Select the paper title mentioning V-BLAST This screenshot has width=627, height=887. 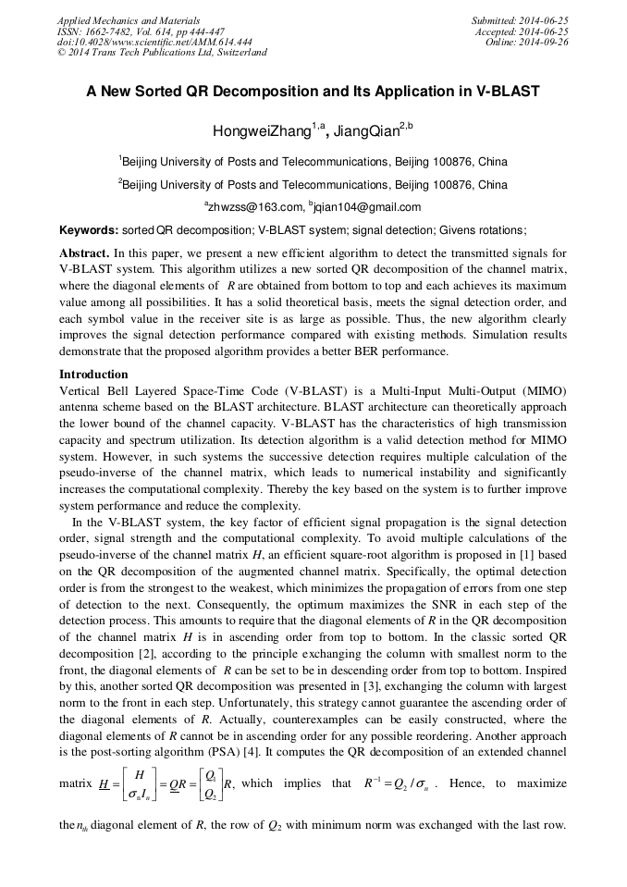click(x=313, y=92)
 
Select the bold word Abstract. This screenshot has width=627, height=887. click(x=84, y=253)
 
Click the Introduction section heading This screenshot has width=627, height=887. click(x=93, y=375)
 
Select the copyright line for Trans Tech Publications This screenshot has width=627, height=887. click(x=162, y=53)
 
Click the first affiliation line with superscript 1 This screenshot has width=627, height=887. click(x=313, y=162)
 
